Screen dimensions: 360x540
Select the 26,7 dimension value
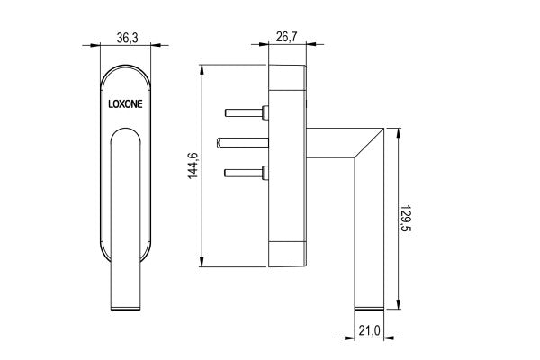287,39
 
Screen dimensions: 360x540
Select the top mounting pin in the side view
245,113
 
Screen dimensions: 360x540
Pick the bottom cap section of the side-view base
288,255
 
